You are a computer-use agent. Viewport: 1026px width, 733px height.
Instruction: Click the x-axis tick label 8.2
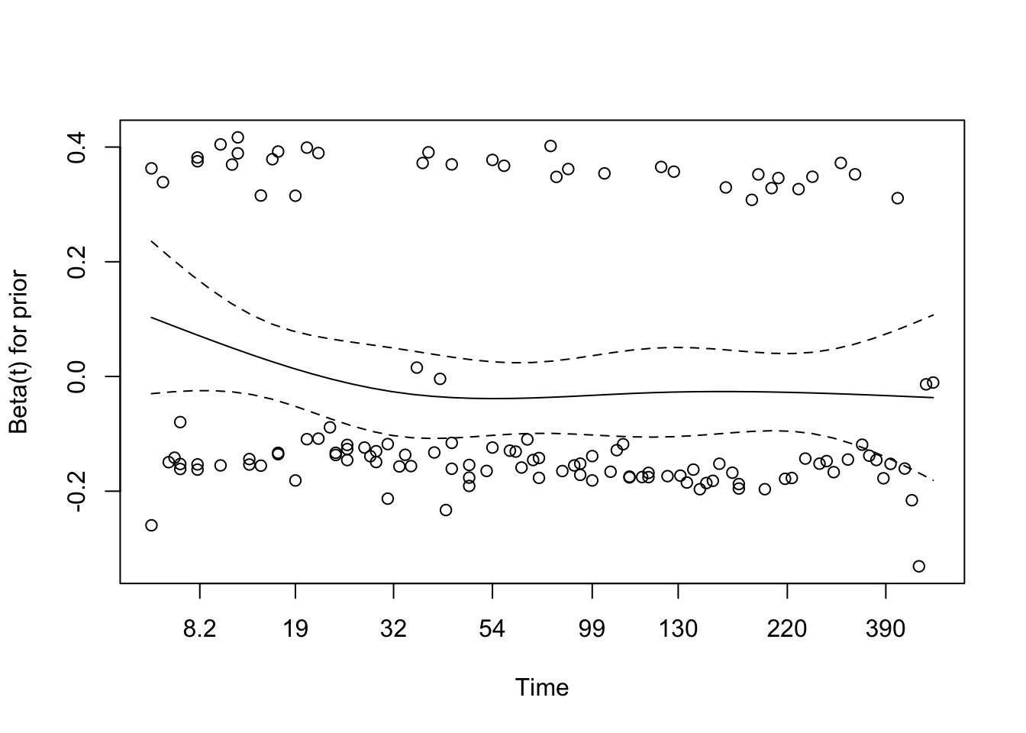[x=200, y=629]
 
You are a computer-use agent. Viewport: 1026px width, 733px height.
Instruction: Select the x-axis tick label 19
[x=295, y=629]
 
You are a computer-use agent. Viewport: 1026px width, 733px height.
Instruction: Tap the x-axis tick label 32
[x=393, y=629]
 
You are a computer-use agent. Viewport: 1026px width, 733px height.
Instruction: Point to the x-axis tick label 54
[x=492, y=629]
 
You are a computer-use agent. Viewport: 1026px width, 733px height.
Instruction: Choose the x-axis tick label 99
[x=592, y=629]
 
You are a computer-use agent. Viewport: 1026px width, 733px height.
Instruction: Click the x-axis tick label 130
[x=679, y=629]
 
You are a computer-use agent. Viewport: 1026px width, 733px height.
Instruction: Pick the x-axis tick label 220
[x=786, y=629]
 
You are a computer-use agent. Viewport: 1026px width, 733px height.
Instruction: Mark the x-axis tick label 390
[x=886, y=629]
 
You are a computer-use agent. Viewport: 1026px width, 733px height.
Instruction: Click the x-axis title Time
[x=542, y=688]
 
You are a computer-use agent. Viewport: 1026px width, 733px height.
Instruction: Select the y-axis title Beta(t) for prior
[x=18, y=351]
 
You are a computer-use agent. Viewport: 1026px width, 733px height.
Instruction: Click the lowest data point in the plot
[x=919, y=566]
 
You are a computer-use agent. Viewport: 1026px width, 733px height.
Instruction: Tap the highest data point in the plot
[x=237, y=137]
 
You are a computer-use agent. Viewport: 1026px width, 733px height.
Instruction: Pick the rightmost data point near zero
[x=933, y=383]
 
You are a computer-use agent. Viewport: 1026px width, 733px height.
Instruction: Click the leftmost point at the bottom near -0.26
[x=151, y=525]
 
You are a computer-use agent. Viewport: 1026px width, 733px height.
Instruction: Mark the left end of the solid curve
[x=151, y=317]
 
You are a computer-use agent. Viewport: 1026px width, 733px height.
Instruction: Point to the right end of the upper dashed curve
[x=934, y=314]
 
